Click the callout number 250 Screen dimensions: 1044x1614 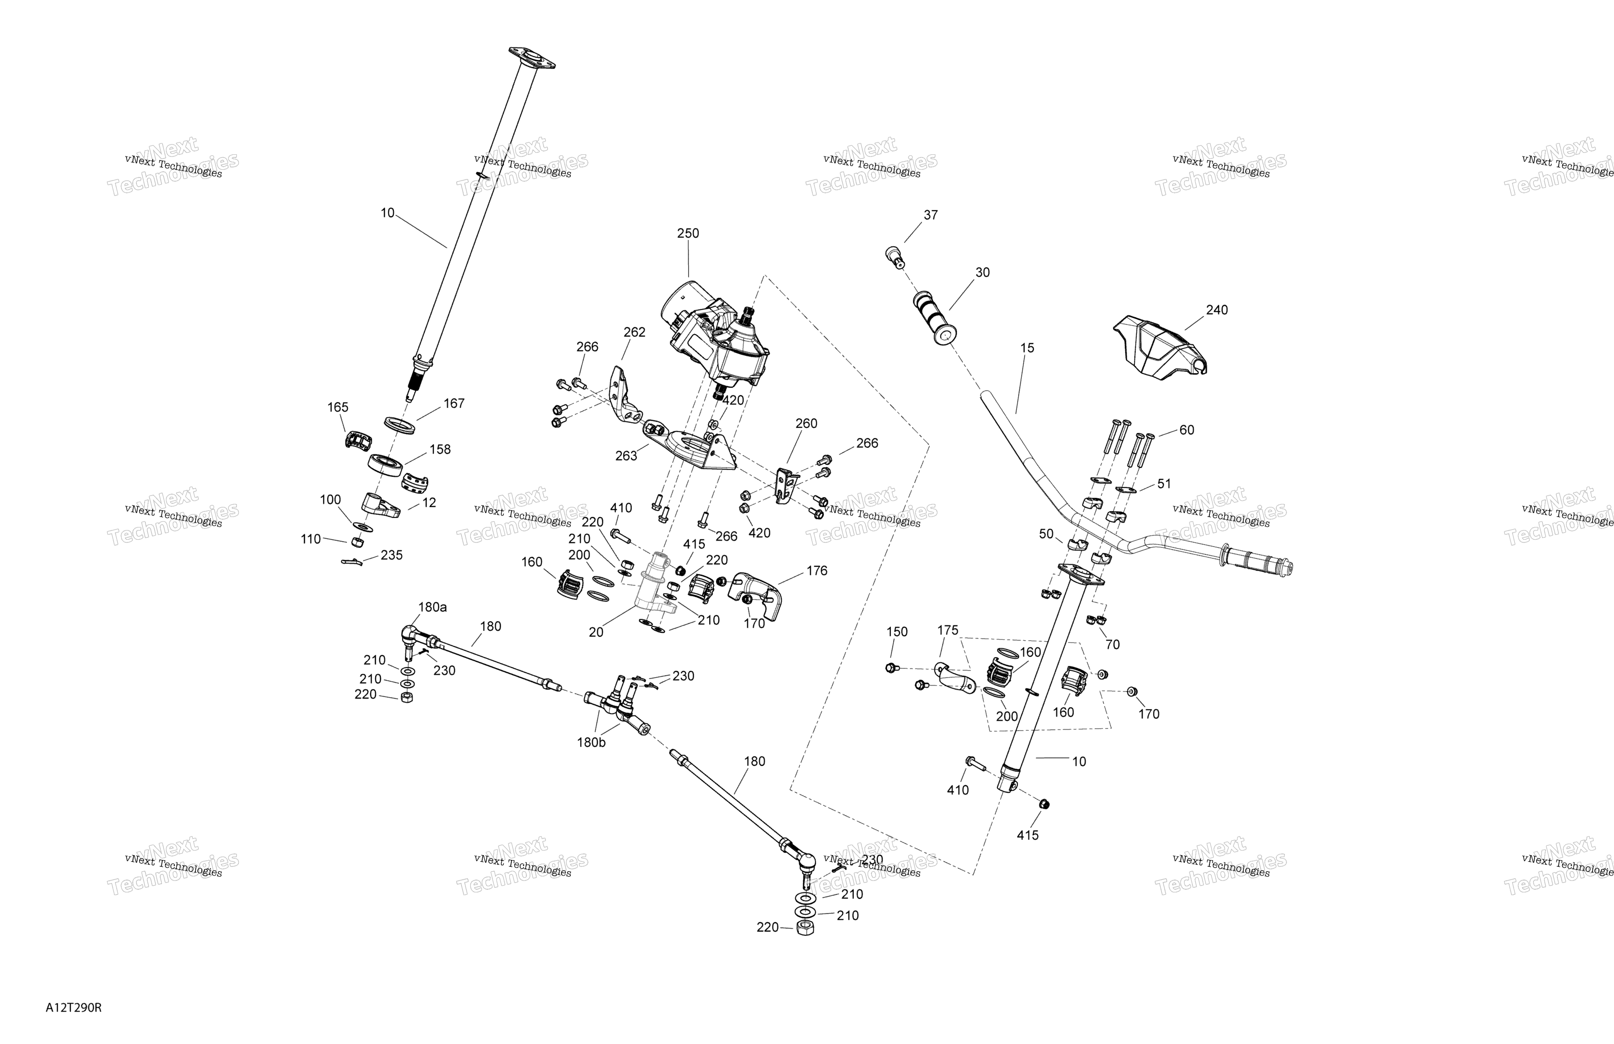point(688,233)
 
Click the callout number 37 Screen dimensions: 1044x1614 point(930,215)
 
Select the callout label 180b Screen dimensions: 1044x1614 point(591,742)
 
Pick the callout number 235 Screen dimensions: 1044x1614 point(391,555)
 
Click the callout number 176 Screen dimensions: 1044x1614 point(817,571)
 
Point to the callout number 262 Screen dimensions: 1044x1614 point(634,332)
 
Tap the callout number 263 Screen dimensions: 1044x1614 point(626,456)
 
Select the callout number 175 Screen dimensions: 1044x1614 point(947,631)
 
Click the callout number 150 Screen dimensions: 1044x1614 point(896,632)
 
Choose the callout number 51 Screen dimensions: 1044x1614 point(1164,484)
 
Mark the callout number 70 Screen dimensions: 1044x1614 point(1112,645)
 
